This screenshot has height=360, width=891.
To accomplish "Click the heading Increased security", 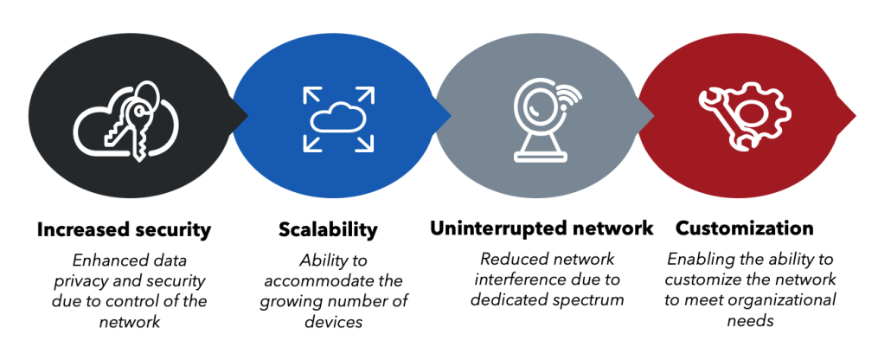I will click(123, 230).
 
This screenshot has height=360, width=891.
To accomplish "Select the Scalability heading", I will click(328, 230).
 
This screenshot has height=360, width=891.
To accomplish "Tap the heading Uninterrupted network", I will click(542, 230).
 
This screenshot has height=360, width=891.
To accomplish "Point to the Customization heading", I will click(744, 230).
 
